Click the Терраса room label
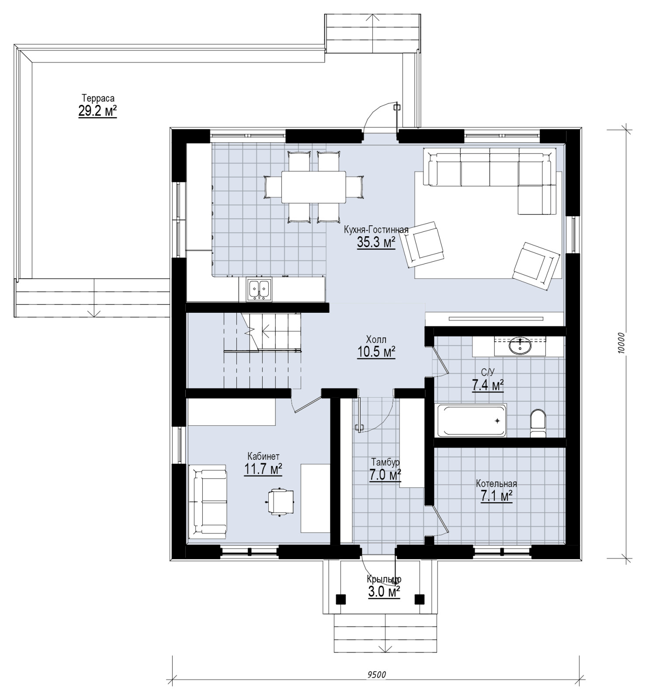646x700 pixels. click(x=98, y=98)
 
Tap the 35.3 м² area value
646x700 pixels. click(x=376, y=242)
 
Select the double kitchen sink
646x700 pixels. click(x=259, y=290)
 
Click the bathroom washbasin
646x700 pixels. click(x=520, y=346)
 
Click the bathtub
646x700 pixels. click(x=472, y=420)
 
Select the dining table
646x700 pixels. click(x=314, y=187)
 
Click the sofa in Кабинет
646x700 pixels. click(x=208, y=500)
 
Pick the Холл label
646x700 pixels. click(x=376, y=339)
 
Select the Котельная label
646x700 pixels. click(x=497, y=484)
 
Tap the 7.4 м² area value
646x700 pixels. click(x=488, y=385)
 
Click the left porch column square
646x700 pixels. click(x=341, y=599)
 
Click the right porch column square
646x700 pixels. click(x=420, y=599)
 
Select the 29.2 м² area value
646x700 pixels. click(x=98, y=111)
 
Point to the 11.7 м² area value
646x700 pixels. click(x=263, y=470)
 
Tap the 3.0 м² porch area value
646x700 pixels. click(x=384, y=593)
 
